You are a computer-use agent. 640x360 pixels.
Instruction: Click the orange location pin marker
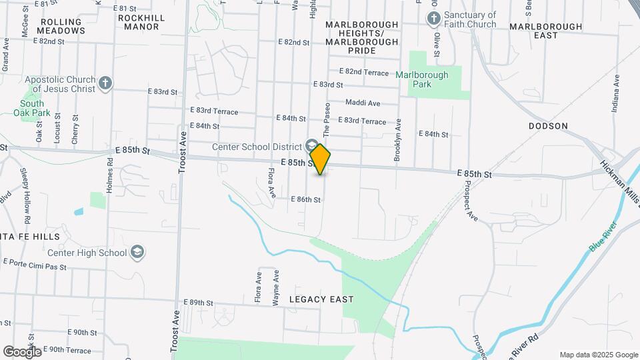(x=320, y=159)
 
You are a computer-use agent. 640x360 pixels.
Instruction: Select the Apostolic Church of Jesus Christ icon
(x=105, y=83)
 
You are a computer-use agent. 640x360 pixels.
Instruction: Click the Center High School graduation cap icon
(x=137, y=253)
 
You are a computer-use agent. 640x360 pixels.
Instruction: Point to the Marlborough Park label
(x=422, y=79)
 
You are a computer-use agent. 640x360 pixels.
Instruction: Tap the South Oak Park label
(x=32, y=108)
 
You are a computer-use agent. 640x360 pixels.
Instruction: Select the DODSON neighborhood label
(x=548, y=126)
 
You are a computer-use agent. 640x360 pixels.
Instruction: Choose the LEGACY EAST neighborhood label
(x=321, y=299)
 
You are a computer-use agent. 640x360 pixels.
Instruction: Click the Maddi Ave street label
(x=363, y=103)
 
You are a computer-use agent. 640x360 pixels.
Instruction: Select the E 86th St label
(x=307, y=199)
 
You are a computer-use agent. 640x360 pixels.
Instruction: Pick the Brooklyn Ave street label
(x=397, y=141)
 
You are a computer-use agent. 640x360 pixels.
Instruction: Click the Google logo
(x=21, y=351)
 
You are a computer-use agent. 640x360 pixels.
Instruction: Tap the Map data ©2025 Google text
(x=599, y=355)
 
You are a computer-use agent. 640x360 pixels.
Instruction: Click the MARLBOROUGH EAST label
(x=545, y=30)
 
